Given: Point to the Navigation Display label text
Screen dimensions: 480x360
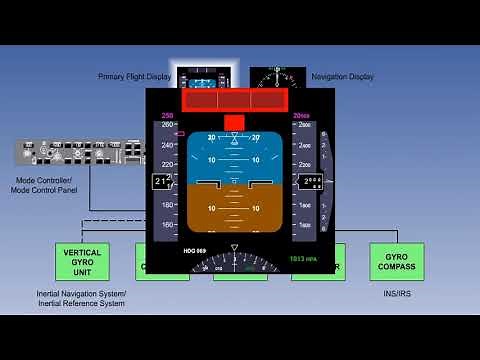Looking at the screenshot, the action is (342, 76).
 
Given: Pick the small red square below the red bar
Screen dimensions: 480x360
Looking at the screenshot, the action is (234, 122).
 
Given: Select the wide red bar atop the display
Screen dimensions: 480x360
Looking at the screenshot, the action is (233, 100).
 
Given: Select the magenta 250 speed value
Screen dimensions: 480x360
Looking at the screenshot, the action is (167, 116).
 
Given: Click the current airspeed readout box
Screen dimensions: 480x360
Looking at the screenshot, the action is (162, 181).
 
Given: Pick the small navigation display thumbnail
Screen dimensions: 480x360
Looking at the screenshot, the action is (277, 77).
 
